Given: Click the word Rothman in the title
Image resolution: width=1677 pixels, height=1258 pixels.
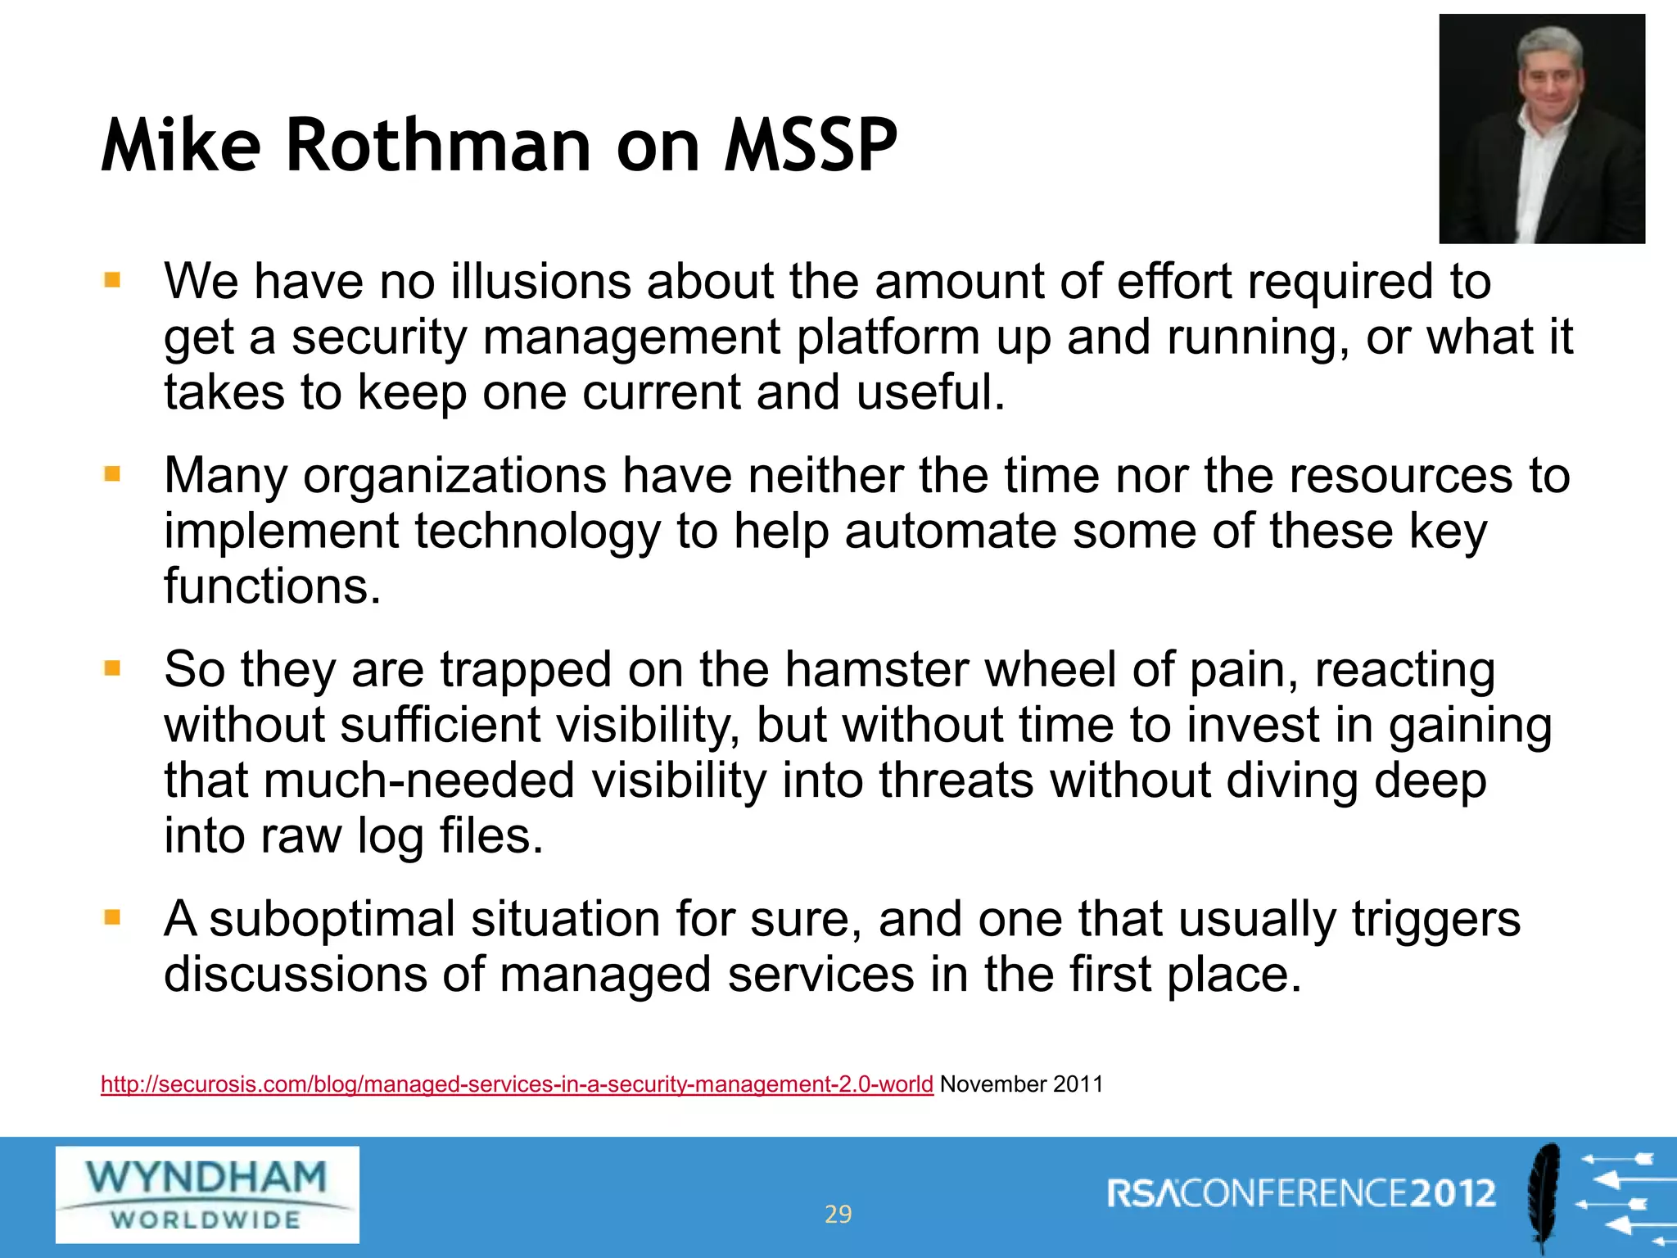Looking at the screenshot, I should coord(438,146).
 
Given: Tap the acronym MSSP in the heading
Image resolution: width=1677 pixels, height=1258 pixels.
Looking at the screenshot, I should coord(811,146).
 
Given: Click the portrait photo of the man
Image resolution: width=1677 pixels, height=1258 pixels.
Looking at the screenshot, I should coord(1541,129).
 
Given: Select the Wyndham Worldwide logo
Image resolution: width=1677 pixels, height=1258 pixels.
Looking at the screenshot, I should coord(207,1194).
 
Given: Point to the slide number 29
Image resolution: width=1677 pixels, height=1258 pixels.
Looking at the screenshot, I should coord(838,1214).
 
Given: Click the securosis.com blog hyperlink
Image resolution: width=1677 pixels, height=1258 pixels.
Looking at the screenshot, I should coord(517,1084).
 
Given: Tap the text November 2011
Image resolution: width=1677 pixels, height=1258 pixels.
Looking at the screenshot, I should coord(1021,1084).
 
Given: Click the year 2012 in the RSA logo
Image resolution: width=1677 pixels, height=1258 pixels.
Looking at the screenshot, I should coord(1454,1193).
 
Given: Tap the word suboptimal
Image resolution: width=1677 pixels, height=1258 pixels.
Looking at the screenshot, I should coord(332,919).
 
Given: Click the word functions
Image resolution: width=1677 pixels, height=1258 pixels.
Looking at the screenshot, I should coord(272,586).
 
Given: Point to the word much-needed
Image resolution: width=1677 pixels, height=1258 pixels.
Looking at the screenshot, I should coord(418,781).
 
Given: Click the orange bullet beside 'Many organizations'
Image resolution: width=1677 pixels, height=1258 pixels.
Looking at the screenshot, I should coord(112,474).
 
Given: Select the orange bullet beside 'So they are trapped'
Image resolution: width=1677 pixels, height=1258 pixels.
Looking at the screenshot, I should coord(112,668).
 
